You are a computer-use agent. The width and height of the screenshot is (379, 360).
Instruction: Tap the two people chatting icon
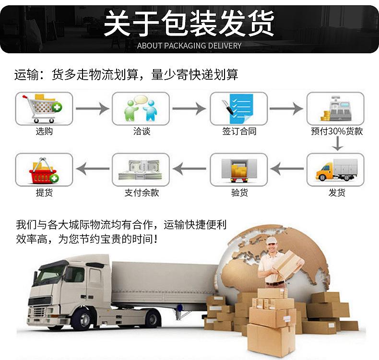141,108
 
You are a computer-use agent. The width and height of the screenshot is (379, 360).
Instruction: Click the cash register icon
335,108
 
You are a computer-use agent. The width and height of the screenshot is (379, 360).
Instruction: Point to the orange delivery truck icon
336,169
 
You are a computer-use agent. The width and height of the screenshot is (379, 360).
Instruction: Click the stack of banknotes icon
141,169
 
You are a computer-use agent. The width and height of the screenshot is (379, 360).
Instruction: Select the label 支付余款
142,192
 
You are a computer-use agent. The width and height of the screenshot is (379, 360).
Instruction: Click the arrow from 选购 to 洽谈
93,108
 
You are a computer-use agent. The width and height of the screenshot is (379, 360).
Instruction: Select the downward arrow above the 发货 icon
339,143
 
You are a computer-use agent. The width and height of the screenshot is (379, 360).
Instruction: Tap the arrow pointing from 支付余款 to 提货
93,168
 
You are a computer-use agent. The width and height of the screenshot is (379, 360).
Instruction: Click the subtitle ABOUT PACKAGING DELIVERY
189,46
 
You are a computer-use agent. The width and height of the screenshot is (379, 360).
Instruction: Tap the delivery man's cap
272,240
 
